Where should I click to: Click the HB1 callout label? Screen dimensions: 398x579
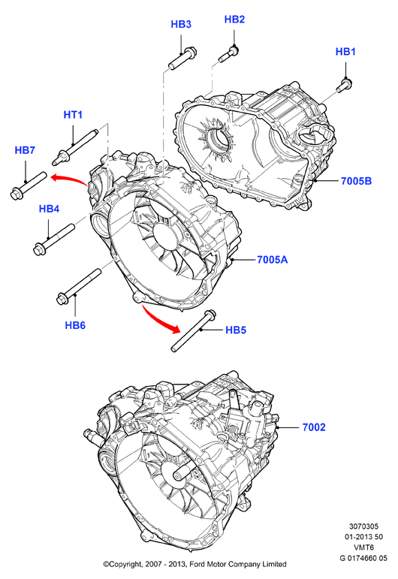345,52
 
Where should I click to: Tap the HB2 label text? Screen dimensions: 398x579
234,20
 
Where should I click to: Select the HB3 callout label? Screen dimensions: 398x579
181,24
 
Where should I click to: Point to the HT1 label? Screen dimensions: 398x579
73,115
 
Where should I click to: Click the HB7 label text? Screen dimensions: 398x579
25,150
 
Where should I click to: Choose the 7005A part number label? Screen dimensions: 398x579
272,260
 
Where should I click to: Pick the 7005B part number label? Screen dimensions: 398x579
356,181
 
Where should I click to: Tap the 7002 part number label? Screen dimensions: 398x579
314,427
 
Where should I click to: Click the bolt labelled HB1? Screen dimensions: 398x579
344,86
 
